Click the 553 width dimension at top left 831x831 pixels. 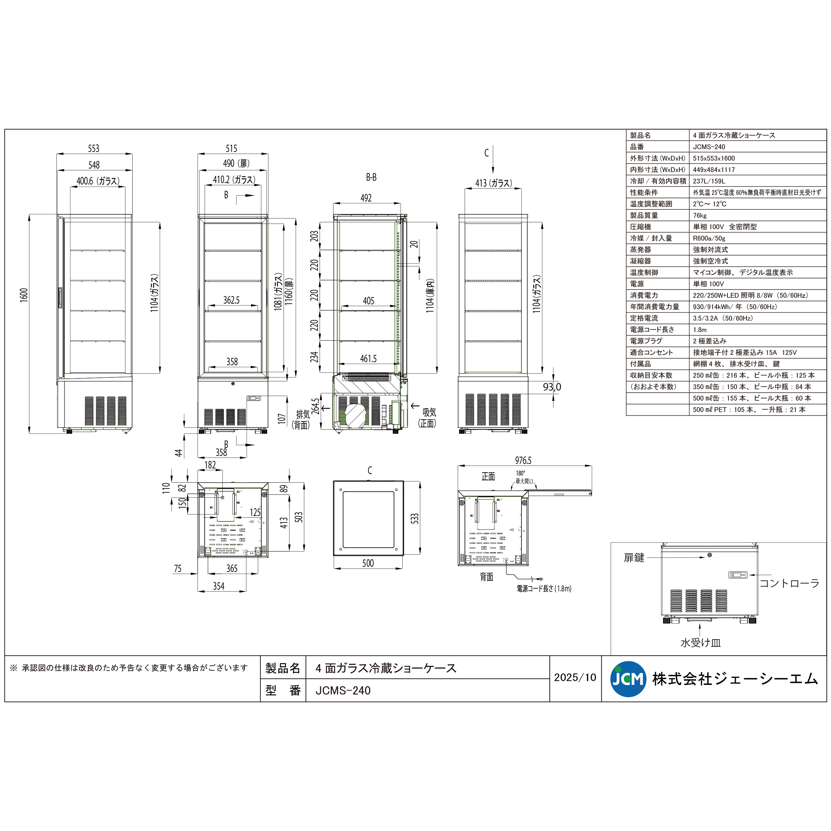(94, 149)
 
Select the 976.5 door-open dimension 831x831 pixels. (523, 460)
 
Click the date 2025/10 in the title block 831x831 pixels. (575, 678)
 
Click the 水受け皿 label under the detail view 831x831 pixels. (700, 643)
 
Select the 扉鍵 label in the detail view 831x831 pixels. (634, 558)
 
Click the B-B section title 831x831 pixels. (371, 177)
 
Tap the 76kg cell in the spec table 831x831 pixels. (700, 215)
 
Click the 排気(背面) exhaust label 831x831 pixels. (302, 419)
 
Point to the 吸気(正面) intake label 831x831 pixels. (428, 418)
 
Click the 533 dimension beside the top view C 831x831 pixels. (414, 518)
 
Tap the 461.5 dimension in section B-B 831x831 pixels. (368, 359)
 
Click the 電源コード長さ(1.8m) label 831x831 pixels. (544, 588)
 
